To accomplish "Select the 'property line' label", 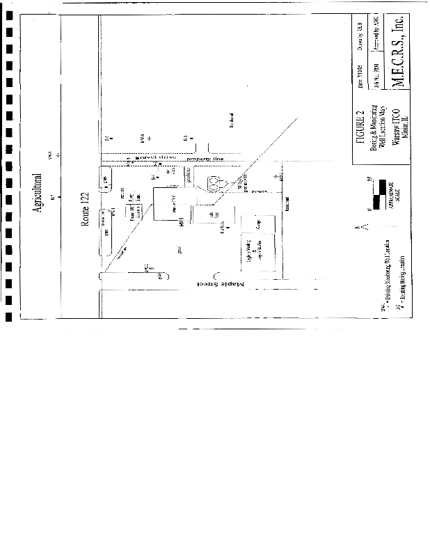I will (x=202, y=160).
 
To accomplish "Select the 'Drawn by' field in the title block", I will (x=360, y=31).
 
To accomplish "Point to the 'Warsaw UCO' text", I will (x=394, y=125).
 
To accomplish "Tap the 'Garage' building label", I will (x=257, y=226).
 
